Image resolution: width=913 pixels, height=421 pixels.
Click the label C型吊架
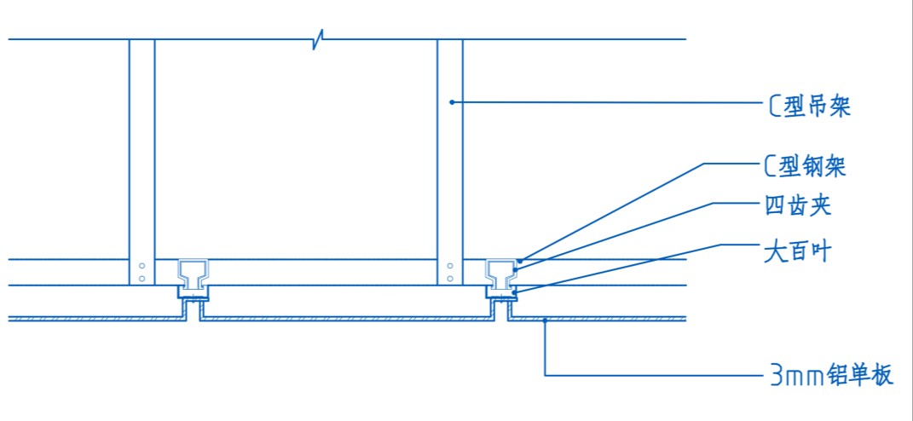pyautogui.click(x=807, y=107)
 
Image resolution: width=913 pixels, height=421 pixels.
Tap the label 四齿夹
pyautogui.click(x=797, y=207)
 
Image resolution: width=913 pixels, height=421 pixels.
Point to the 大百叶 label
pyautogui.click(x=796, y=252)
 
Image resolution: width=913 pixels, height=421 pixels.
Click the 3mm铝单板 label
pyautogui.click(x=831, y=376)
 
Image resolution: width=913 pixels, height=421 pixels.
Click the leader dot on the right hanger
pyautogui.click(x=451, y=102)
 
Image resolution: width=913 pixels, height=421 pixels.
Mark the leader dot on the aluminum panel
pyautogui.click(x=545, y=320)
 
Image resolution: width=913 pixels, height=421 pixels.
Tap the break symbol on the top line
pyautogui.click(x=318, y=39)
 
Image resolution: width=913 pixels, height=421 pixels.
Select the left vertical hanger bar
pyautogui.click(x=142, y=162)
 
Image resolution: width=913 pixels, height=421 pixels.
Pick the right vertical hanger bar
pyautogui.click(x=450, y=162)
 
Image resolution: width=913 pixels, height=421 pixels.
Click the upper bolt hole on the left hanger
pyautogui.click(x=142, y=266)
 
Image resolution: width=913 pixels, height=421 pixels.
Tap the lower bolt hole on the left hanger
pyautogui.click(x=142, y=279)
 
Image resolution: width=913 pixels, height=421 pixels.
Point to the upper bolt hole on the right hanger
pyautogui.click(x=449, y=266)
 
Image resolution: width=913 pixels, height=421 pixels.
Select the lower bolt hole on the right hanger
pyautogui.click(x=449, y=279)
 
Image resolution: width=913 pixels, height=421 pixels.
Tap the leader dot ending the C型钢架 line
pyautogui.click(x=521, y=260)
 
